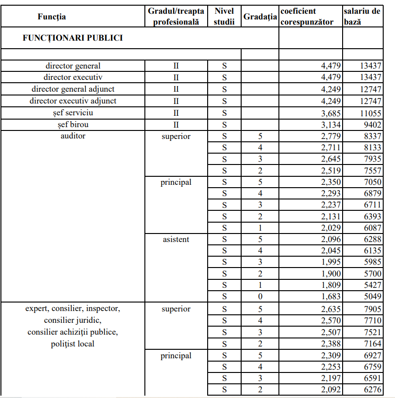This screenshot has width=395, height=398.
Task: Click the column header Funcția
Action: tap(52, 17)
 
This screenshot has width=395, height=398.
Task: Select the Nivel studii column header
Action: tap(224, 17)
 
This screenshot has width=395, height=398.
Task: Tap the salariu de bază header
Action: tap(362, 17)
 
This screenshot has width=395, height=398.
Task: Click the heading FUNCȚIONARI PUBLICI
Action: tap(73, 38)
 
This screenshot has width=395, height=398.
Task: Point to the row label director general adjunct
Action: tap(73, 89)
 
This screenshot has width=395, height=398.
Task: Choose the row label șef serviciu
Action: tap(73, 113)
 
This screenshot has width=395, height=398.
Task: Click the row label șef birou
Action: tap(73, 125)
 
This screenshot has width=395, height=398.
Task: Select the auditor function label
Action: tap(73, 136)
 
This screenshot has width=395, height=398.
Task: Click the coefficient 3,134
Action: tap(331, 125)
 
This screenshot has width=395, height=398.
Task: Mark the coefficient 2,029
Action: tap(331, 228)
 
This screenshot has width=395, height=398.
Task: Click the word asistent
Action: tap(176, 239)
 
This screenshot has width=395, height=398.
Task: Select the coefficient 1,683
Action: tap(331, 297)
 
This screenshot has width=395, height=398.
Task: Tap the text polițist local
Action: tap(73, 344)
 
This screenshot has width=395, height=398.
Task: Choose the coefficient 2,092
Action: tap(331, 390)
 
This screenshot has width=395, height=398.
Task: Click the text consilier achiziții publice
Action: tap(73, 332)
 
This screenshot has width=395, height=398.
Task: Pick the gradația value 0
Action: tap(260, 297)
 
